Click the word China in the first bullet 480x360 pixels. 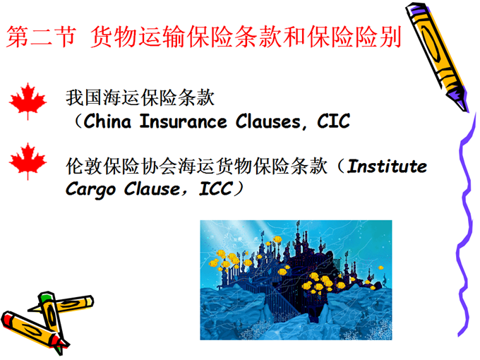pos(107,121)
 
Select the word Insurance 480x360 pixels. pos(183,121)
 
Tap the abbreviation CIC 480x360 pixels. pos(333,121)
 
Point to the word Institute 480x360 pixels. pos(387,167)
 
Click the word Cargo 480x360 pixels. pos(90,190)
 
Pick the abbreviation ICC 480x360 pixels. pos(215,188)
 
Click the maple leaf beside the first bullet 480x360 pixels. pos(28,101)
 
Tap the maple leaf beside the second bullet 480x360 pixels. pos(28,161)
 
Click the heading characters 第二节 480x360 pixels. pos(41,37)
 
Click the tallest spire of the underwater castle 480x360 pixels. pos(298,228)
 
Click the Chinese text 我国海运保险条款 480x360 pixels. pos(140,98)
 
